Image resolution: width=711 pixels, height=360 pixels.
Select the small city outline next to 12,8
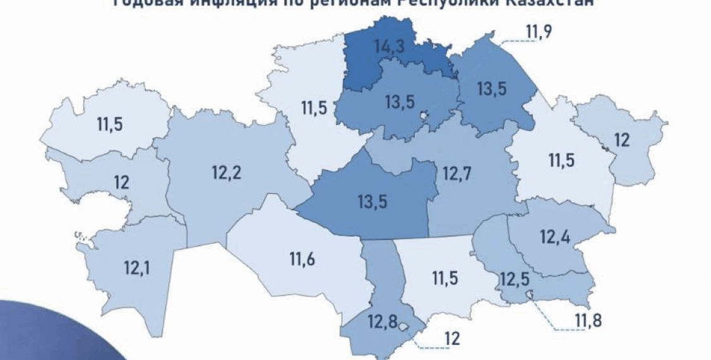click(x=404, y=327)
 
